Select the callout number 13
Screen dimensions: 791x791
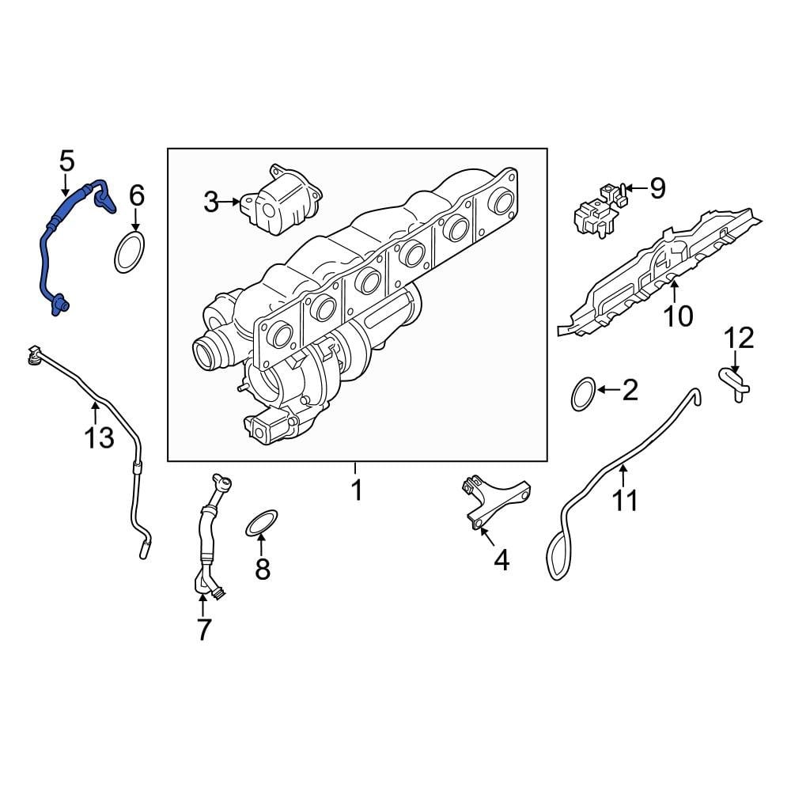100,437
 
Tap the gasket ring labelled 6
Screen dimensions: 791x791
129,252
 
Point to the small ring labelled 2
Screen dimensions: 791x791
583,394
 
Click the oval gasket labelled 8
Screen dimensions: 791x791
263,522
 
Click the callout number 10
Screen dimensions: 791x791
678,316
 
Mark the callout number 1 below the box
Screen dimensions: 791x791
356,490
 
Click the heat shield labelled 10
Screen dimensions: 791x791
657,277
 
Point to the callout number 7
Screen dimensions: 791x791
203,630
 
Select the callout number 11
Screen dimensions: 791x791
625,500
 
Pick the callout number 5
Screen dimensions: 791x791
66,161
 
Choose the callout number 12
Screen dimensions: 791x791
740,339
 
